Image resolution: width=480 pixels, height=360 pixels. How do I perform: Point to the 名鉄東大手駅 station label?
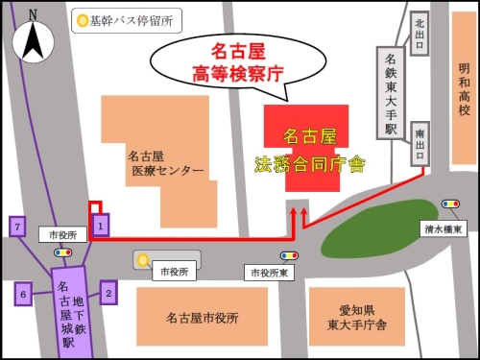[x=391, y=91]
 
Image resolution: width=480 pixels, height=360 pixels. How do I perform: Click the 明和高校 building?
[x=464, y=90]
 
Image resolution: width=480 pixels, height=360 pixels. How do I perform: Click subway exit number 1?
[x=101, y=226]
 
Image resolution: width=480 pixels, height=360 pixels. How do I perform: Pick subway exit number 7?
[x=16, y=227]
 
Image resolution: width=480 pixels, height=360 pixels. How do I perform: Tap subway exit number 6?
[x=24, y=293]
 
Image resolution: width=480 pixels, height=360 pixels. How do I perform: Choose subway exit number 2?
[x=108, y=291]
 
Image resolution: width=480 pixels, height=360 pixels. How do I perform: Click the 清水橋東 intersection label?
[x=444, y=228]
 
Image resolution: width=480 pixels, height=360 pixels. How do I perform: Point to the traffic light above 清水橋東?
[x=450, y=204]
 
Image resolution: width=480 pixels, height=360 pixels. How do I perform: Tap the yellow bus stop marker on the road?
[x=142, y=259]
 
